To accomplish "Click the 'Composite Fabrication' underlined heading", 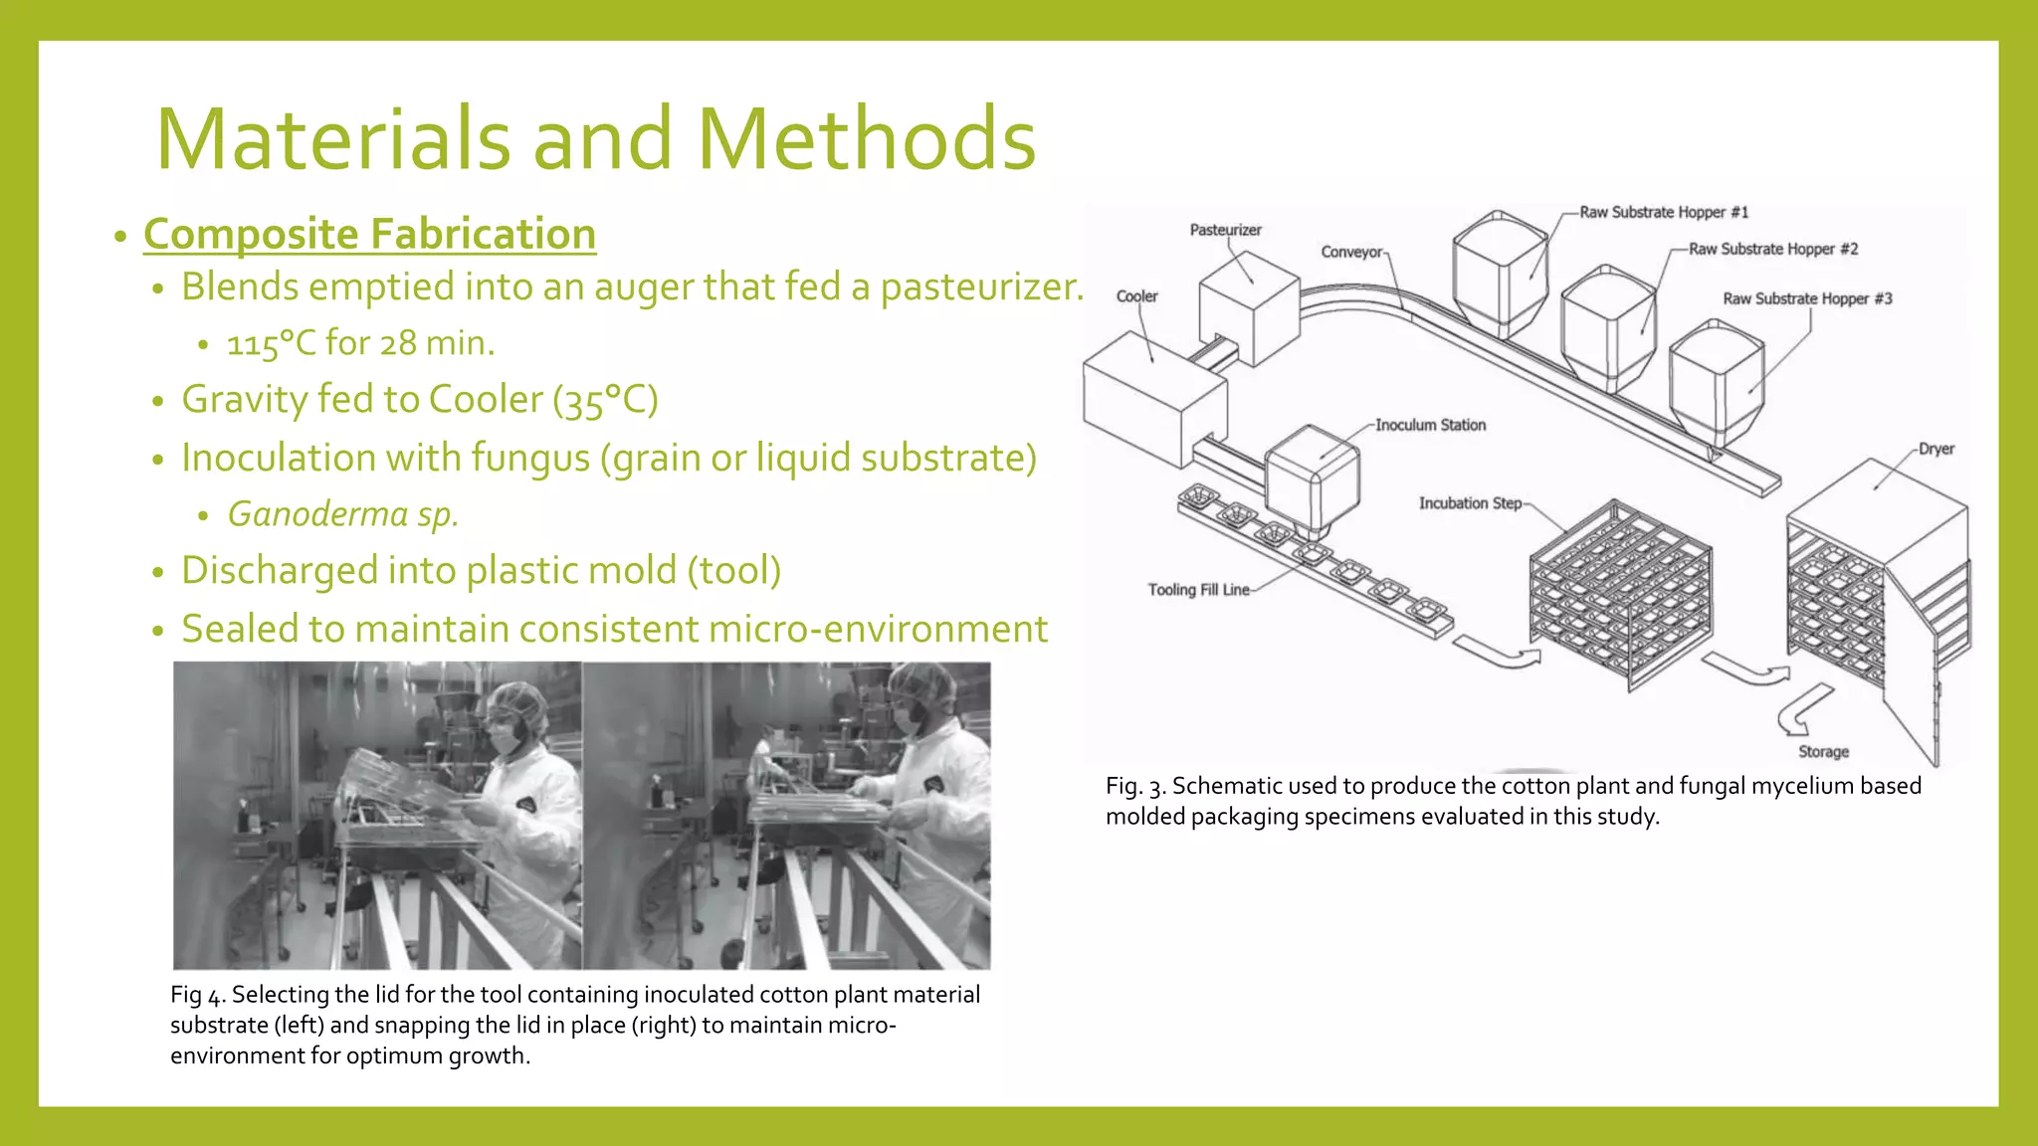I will coord(369,235).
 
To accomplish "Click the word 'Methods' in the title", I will coord(866,139).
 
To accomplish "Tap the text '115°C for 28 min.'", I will coord(360,343).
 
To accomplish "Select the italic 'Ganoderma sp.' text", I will coord(342,514).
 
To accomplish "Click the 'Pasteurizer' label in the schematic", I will coord(1225,230).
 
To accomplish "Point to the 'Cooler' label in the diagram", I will coord(1136,296).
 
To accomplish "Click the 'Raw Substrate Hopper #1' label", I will coord(1664,212).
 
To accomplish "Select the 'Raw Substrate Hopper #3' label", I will coord(1807,298).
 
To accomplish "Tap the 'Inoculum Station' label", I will coord(1430,425).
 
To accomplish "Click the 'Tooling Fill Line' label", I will coord(1198,590).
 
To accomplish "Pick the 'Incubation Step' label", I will coord(1470,503).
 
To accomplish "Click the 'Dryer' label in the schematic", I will coord(1936,449).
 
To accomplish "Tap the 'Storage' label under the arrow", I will coord(1823,752).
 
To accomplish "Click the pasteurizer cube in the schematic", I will coord(1250,307).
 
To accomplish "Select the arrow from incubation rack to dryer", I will coord(1746,668).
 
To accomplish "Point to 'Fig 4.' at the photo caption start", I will coord(198,995).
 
